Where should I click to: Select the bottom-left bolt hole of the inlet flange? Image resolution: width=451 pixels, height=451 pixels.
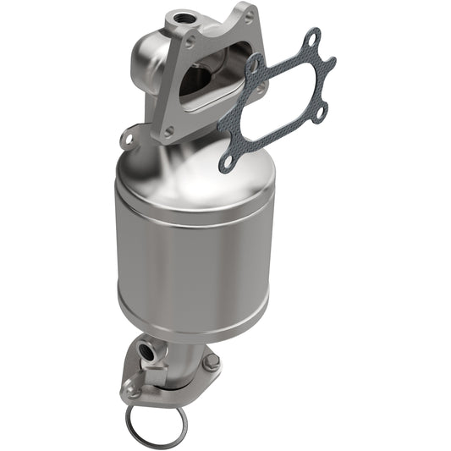pos(169,131)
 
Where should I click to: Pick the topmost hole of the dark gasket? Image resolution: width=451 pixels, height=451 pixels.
pos(313,38)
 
